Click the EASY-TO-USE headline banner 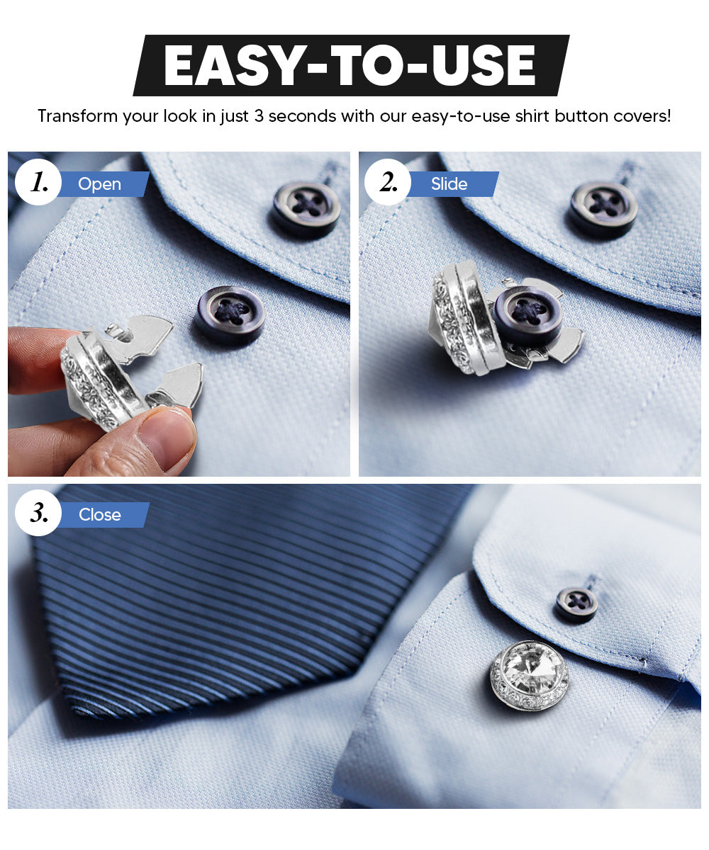[351, 65]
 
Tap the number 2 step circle [387, 183]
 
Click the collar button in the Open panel [306, 208]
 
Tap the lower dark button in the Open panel [230, 314]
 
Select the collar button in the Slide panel [603, 208]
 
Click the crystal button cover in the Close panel [529, 675]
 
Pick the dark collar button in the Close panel [576, 604]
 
